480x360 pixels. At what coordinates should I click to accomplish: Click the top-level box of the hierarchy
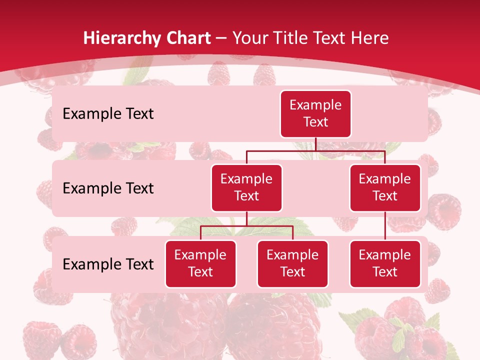315,114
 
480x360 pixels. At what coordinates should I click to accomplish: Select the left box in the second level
246,188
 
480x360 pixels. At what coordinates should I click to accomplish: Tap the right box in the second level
385,188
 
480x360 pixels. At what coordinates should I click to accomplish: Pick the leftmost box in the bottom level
200,264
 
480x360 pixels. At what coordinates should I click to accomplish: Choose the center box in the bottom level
292,264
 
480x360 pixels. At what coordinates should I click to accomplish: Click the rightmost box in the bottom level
385,264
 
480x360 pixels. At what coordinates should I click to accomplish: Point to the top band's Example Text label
108,114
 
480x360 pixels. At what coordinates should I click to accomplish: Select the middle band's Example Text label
108,188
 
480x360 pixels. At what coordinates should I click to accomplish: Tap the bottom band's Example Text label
108,264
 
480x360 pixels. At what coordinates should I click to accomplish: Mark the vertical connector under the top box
315,144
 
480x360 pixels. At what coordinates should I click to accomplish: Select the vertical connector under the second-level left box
246,218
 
